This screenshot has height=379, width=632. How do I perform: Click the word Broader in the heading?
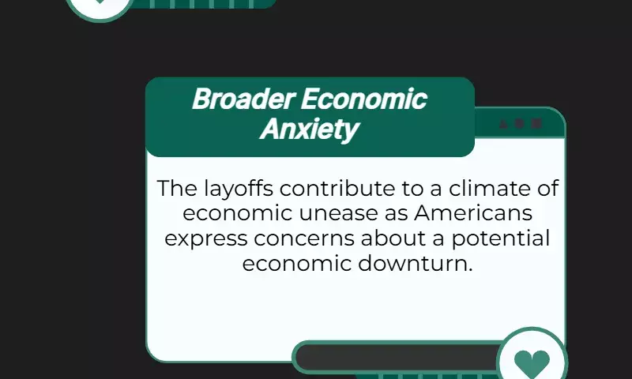245,99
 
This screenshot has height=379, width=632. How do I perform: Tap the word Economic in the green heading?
364,99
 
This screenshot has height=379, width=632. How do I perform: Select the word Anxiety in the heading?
309,129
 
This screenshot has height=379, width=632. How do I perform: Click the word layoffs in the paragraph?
239,189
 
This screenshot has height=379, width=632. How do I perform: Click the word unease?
339,213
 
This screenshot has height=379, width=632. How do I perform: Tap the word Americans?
473,212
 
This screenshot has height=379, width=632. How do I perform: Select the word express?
206,238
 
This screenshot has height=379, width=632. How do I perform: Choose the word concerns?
304,238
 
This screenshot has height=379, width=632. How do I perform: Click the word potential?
501,238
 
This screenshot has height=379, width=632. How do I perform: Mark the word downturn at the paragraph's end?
416,264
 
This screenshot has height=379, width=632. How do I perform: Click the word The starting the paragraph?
177,188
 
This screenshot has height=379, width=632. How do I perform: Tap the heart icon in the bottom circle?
532,362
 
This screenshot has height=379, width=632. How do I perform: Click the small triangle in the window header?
503,124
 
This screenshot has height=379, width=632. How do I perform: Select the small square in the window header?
536,123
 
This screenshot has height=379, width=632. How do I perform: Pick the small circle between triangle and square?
520,124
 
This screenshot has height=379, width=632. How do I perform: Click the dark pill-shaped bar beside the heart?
397,357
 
